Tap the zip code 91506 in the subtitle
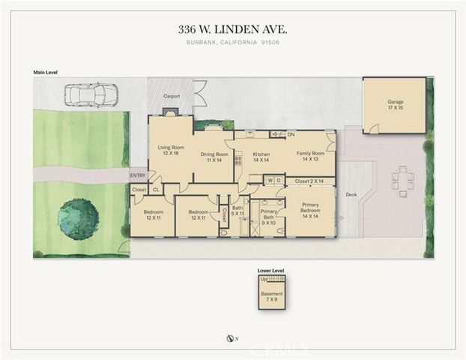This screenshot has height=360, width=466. coord(274,43)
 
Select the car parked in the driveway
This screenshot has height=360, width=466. coord(91,96)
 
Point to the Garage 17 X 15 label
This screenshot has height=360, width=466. coord(395,104)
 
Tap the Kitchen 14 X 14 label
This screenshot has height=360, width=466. coord(260,157)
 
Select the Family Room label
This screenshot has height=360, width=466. coord(310,155)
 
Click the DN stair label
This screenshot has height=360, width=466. coord(291,134)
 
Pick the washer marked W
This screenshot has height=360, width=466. coord(268,180)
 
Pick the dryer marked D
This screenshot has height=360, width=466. coord(278,180)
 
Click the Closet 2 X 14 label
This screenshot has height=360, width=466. coord(308,181)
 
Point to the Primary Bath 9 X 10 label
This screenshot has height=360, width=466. coord(268,216)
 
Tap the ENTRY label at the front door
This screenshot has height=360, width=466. coord(138,175)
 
